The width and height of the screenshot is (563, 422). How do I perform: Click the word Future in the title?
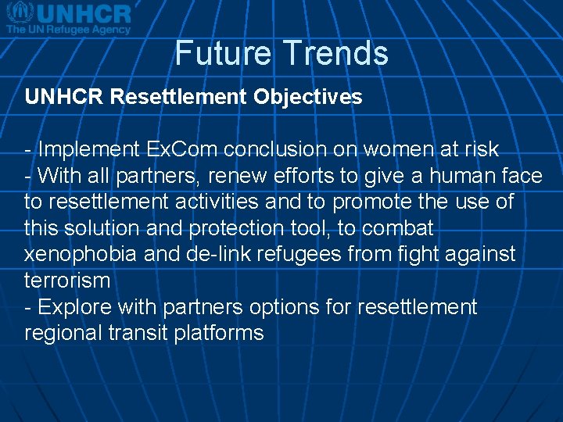tap(223, 53)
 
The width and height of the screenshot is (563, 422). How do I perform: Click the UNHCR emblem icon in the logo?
tap(19, 13)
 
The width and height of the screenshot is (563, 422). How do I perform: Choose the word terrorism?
tap(67, 281)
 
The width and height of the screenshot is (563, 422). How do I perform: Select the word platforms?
tap(221, 333)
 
